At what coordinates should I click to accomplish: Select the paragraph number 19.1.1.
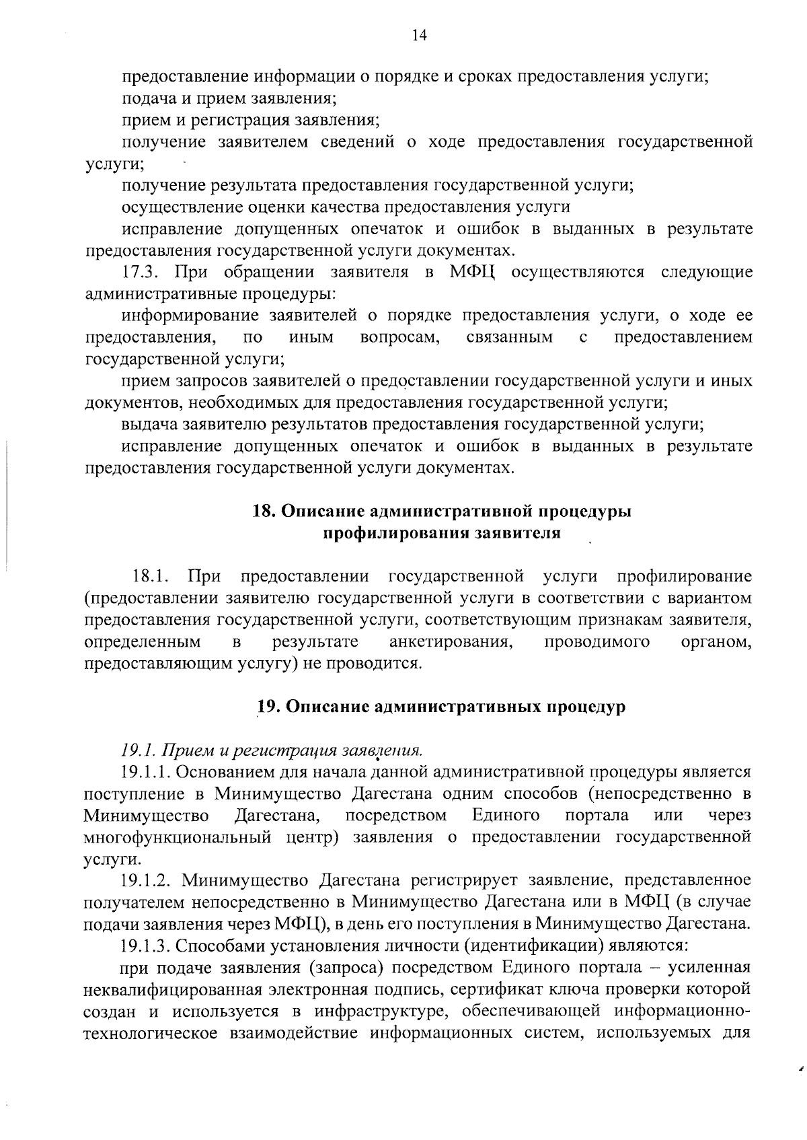click(x=144, y=772)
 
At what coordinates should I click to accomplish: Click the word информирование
click(x=190, y=316)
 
